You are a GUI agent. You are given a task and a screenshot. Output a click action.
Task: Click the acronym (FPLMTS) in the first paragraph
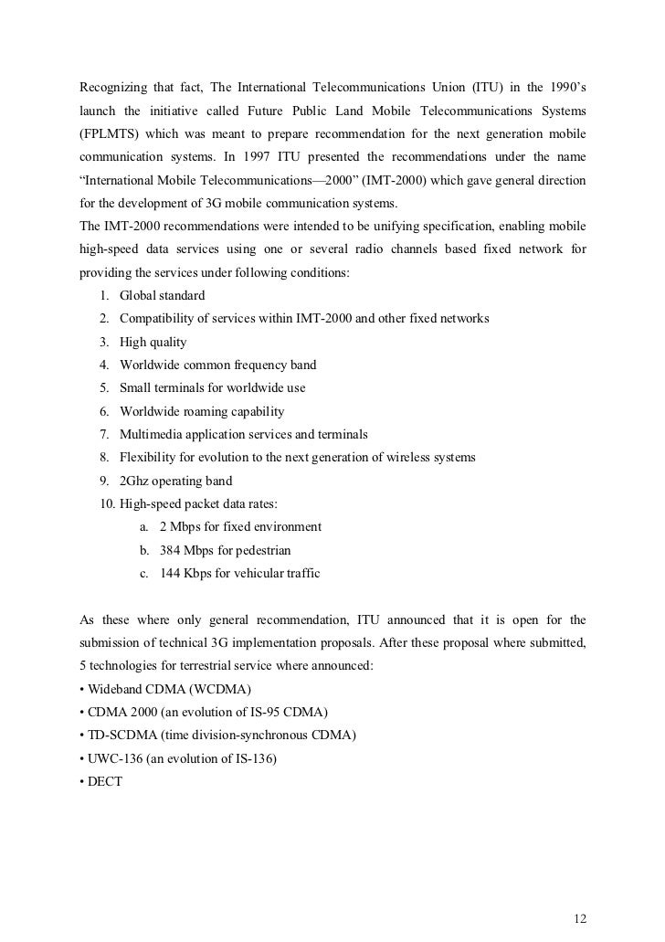click(x=112, y=133)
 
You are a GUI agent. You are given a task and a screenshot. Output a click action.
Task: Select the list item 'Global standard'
click(x=163, y=295)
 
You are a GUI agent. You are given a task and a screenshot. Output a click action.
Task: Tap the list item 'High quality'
click(x=153, y=342)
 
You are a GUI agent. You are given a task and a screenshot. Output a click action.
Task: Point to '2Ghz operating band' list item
click(x=175, y=481)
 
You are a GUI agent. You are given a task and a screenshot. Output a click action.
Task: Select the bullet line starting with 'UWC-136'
click(x=182, y=758)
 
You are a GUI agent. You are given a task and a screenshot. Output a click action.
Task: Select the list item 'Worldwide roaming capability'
click(x=202, y=411)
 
